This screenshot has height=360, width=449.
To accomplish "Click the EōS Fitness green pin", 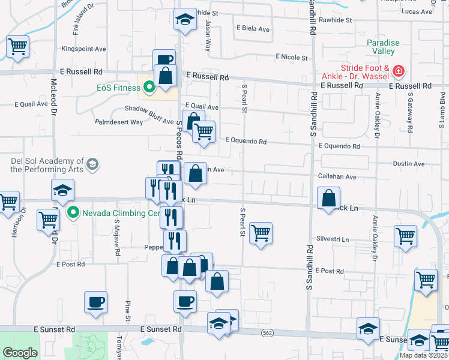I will (148, 88).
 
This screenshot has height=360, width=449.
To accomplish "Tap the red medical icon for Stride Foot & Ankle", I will (397, 73).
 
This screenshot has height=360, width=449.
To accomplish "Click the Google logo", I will (20, 353).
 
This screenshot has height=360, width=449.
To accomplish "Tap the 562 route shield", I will (267, 332).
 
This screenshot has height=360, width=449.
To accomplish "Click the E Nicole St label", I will (291, 58).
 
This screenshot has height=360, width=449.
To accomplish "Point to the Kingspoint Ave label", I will (83, 49).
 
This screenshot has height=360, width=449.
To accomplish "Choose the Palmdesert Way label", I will (119, 122).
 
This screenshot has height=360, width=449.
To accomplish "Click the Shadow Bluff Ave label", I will (149, 109).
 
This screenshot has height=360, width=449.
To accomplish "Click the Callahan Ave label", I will (337, 177).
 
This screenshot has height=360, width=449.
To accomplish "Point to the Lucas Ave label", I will (418, 11).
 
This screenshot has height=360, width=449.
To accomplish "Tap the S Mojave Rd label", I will (116, 236).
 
